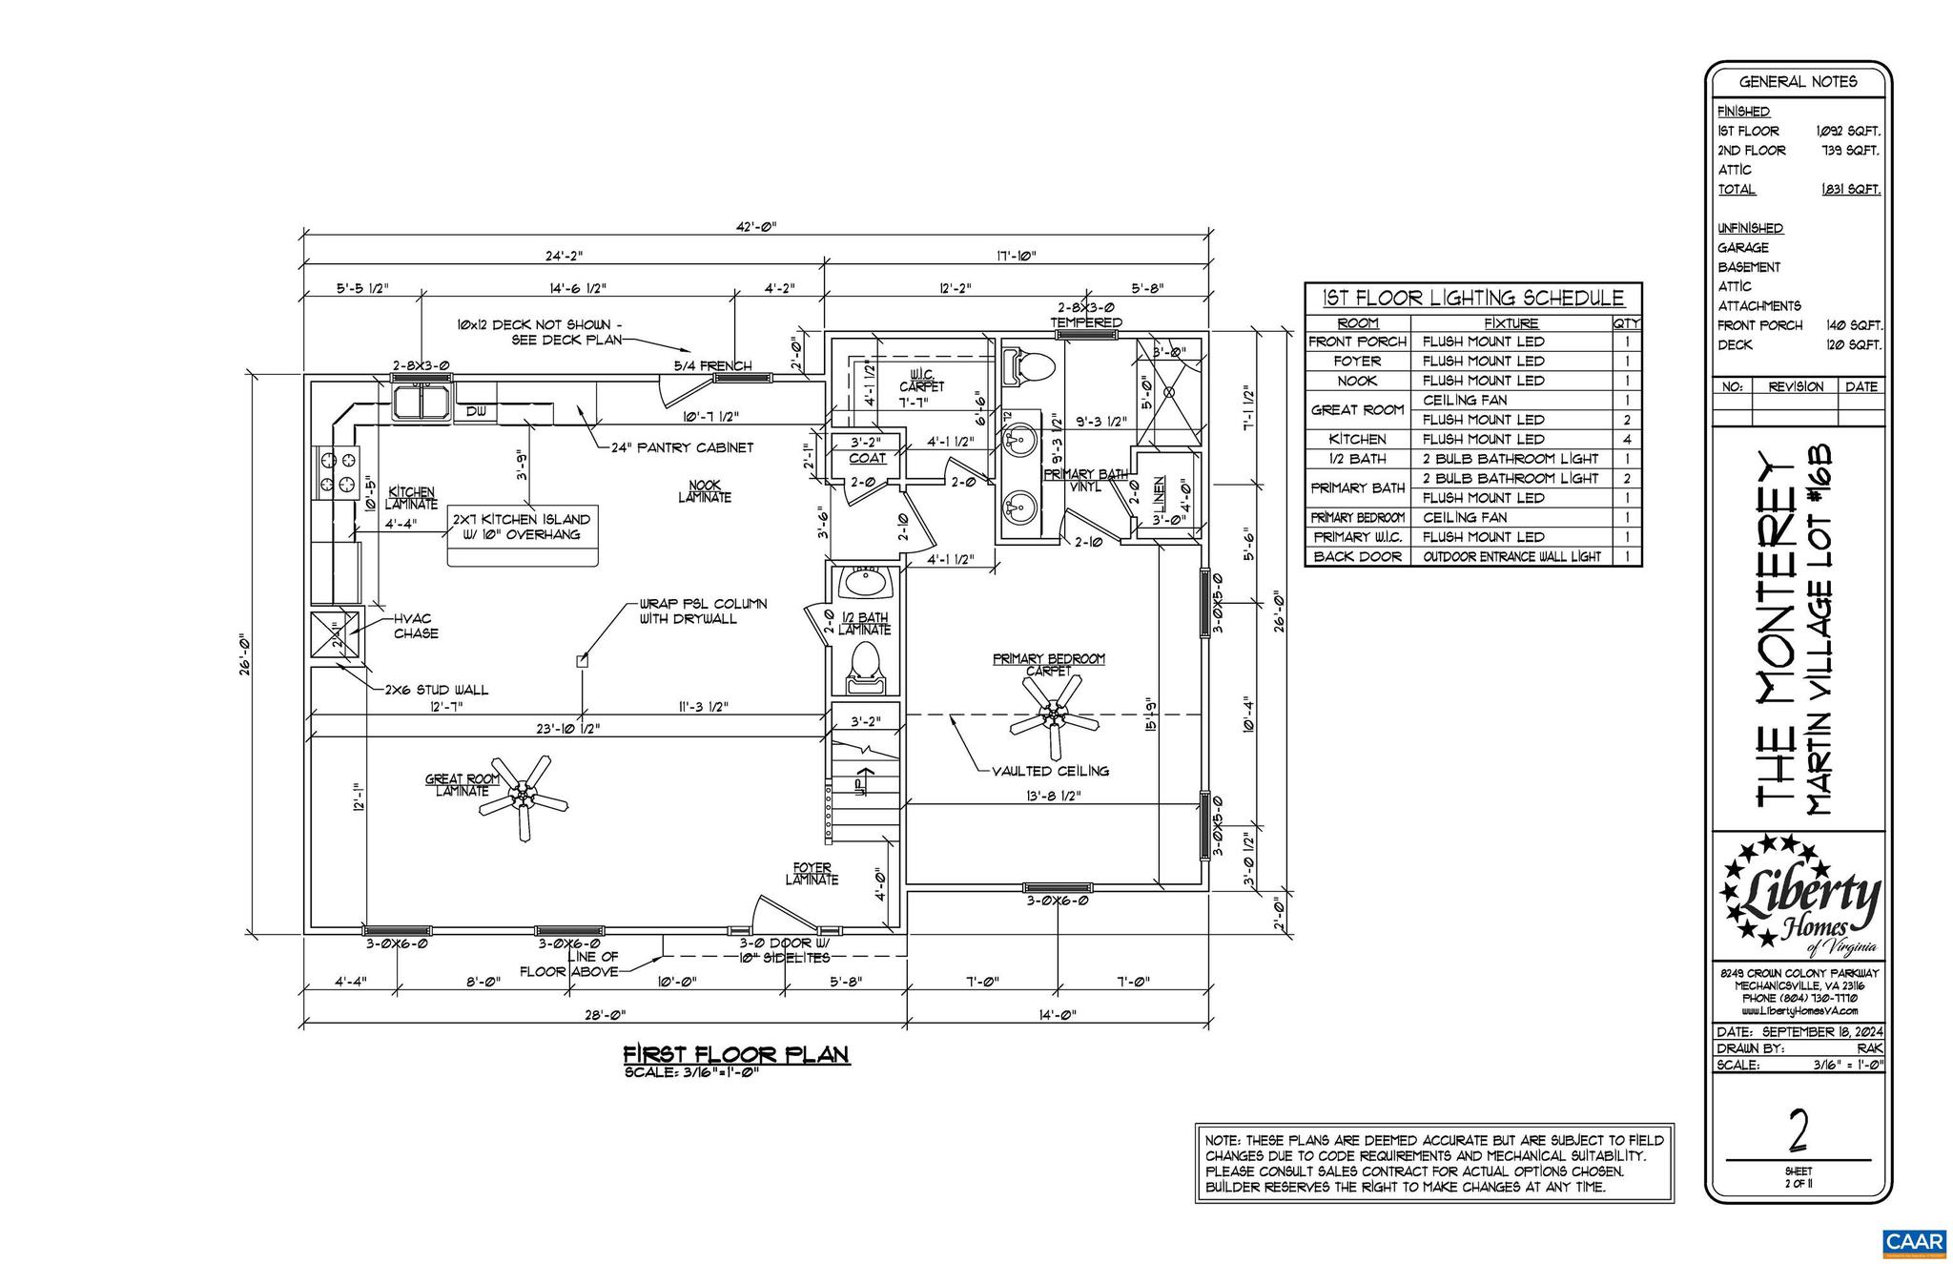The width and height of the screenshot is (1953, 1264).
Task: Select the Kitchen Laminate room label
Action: (411, 497)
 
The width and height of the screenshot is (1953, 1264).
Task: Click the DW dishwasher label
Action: (476, 412)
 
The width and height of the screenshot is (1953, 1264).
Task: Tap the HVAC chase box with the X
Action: (335, 635)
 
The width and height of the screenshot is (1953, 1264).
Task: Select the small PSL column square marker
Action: (582, 660)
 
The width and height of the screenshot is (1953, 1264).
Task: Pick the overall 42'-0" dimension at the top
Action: (758, 226)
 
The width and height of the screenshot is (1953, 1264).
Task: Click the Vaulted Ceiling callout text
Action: (1049, 771)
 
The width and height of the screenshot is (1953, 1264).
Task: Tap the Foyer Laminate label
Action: (812, 874)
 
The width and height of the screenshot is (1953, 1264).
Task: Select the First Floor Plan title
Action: (735, 1054)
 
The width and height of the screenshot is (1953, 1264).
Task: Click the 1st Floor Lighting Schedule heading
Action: (1472, 299)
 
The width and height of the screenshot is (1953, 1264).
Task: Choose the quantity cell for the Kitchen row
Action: (1626, 439)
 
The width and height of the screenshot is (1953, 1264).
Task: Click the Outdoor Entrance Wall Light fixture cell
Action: (1511, 556)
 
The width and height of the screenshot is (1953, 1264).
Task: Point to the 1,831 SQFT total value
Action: (1850, 189)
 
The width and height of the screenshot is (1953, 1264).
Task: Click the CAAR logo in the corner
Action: (1913, 1241)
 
